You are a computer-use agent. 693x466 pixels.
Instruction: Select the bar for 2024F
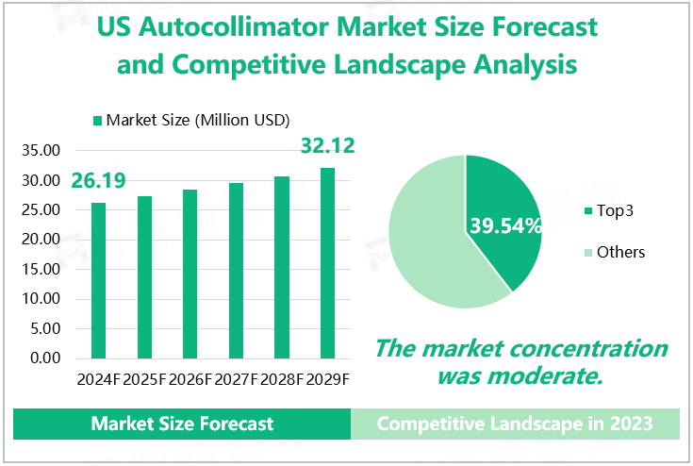(x=99, y=280)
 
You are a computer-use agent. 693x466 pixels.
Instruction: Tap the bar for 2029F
(x=328, y=263)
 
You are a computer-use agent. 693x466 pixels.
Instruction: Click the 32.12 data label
(x=326, y=147)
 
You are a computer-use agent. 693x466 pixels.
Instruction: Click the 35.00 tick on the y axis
(x=41, y=150)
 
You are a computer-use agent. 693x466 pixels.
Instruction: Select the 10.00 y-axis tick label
(x=41, y=299)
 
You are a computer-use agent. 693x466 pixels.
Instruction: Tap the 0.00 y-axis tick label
(x=44, y=358)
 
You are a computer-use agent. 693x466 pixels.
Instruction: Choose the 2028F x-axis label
(x=283, y=379)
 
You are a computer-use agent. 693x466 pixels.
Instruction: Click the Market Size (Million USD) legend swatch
(x=97, y=121)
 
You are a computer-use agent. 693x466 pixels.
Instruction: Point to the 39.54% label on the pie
(x=505, y=226)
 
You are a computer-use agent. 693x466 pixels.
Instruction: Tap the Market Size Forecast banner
(x=182, y=424)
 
